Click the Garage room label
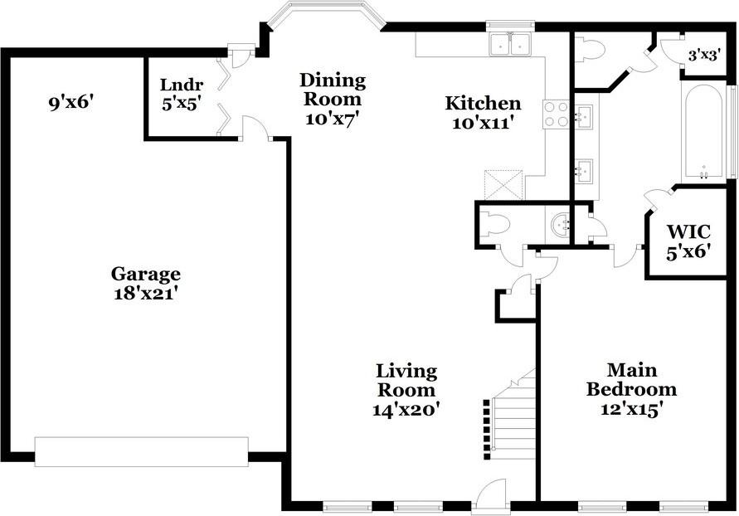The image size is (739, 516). tap(146, 274)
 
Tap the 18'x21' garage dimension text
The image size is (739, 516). tap(146, 293)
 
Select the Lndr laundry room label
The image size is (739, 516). tap(181, 85)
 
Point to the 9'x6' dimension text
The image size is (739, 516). tap(71, 104)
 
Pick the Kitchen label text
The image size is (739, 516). tap(483, 104)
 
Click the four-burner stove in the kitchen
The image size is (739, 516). tap(556, 114)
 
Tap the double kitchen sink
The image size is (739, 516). tap(510, 45)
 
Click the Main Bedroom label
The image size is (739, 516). tap(631, 379)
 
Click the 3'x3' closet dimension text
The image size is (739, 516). tap(705, 56)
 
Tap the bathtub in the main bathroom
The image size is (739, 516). tap(704, 133)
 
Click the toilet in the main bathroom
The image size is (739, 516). tap(591, 49)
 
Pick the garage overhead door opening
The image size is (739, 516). tap(142, 451)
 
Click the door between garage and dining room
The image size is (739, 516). tap(255, 127)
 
